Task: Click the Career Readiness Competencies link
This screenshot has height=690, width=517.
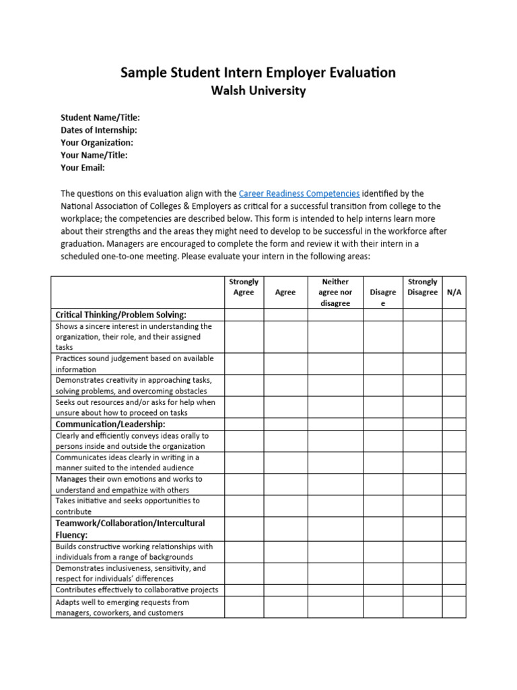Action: point(299,193)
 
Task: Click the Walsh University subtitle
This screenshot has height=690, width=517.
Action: point(258,91)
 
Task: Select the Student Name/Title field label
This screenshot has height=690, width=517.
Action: point(100,117)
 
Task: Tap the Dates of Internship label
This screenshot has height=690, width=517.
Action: point(99,130)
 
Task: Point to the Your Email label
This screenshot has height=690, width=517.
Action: point(83,168)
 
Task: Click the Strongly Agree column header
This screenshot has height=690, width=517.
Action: point(244,287)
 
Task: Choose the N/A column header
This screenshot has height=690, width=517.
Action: point(454,292)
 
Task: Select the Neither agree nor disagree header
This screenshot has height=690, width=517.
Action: point(335,292)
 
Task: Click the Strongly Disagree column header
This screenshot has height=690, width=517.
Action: point(422,287)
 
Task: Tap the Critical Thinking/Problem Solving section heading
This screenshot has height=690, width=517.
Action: point(120,315)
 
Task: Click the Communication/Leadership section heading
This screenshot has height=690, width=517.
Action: point(110,425)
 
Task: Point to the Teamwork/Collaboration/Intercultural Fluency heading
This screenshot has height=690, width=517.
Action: point(130,528)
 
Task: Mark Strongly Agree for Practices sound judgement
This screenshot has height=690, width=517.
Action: point(244,364)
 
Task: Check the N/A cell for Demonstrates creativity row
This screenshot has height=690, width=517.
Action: point(454,385)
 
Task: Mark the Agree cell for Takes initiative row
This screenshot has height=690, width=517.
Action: point(285,506)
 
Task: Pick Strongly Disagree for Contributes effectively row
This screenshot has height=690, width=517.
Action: point(422,590)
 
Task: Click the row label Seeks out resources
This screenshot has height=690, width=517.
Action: point(135,408)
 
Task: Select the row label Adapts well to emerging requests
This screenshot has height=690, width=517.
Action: point(122,607)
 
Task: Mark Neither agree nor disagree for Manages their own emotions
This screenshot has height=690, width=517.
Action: point(335,484)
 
